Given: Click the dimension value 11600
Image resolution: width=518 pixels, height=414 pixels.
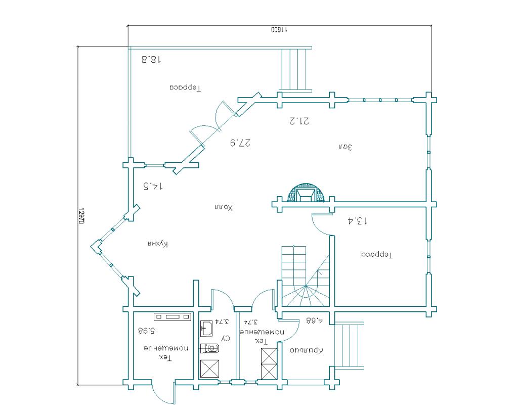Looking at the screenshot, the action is pyautogui.click(x=279, y=30).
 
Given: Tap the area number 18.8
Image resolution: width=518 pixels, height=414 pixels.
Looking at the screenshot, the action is pyautogui.click(x=151, y=60).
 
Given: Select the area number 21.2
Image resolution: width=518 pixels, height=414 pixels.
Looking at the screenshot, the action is pyautogui.click(x=299, y=121).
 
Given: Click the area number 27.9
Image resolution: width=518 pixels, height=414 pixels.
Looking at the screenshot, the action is pyautogui.click(x=240, y=143).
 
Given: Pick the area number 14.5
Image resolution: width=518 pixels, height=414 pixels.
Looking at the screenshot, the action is pyautogui.click(x=153, y=186).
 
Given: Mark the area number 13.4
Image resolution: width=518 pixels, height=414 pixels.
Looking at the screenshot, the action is pyautogui.click(x=358, y=220).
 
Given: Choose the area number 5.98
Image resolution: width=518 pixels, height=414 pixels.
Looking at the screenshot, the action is pyautogui.click(x=147, y=330).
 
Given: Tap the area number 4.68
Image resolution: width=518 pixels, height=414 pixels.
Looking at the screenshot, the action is pyautogui.click(x=314, y=320).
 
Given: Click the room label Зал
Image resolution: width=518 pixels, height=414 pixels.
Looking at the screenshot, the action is pyautogui.click(x=346, y=147).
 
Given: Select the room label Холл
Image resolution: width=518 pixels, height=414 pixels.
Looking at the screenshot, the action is pyautogui.click(x=224, y=208).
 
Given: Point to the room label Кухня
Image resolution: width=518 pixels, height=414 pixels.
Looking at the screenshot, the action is pyautogui.click(x=158, y=244).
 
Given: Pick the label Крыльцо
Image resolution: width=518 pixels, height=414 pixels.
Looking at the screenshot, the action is pyautogui.click(x=306, y=350).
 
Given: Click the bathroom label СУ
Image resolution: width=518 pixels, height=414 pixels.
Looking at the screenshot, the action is pyautogui.click(x=226, y=339).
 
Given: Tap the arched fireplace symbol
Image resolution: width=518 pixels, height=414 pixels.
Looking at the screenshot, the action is pyautogui.click(x=306, y=192).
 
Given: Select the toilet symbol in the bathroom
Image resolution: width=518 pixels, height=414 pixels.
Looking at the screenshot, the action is pyautogui.click(x=209, y=348).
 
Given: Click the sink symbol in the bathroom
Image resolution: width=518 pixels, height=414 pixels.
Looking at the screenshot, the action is pyautogui.click(x=207, y=329).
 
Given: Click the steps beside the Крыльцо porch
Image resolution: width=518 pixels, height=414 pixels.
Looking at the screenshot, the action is pyautogui.click(x=349, y=345).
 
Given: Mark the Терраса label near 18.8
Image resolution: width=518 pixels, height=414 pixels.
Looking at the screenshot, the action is pyautogui.click(x=185, y=87).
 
